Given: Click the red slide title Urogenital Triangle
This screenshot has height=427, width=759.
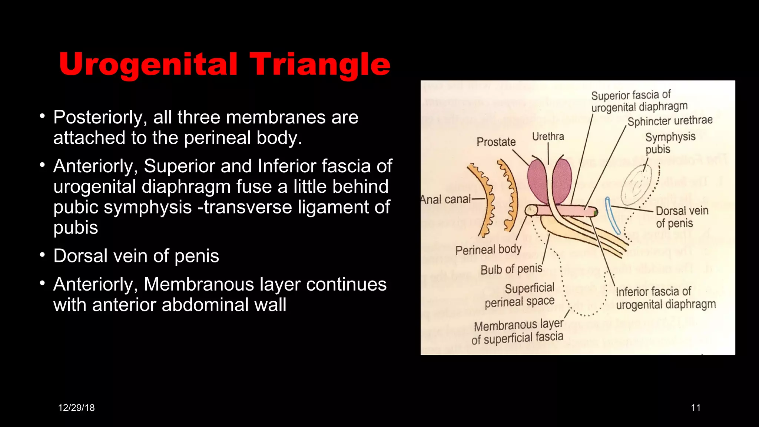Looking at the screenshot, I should click(x=225, y=64).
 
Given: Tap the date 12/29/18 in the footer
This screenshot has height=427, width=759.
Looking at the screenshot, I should click(x=76, y=408).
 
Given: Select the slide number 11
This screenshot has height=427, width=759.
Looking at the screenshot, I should click(x=696, y=408).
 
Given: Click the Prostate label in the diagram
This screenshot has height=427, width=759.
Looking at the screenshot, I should click(x=496, y=142).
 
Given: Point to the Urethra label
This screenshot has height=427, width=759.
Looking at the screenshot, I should click(x=548, y=136).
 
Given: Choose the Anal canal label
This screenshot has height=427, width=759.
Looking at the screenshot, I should click(x=445, y=199).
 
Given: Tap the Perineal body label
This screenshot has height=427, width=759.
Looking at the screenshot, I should click(x=488, y=250).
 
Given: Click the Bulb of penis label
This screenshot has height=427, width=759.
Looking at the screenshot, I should click(x=511, y=269).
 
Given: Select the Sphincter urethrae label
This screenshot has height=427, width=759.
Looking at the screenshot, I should click(x=670, y=121).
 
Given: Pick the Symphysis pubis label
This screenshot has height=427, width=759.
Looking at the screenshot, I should click(x=670, y=143).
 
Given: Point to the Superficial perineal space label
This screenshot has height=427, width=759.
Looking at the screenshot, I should click(x=520, y=295).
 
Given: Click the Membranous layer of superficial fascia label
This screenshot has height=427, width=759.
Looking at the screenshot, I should click(x=518, y=332).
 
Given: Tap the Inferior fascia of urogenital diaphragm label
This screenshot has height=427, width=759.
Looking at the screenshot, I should click(x=666, y=298).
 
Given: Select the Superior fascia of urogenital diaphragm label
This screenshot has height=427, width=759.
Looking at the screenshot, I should click(x=639, y=101).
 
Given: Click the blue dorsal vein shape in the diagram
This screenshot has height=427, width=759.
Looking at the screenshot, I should click(x=612, y=215).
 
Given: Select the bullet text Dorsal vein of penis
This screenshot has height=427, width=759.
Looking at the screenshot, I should click(x=136, y=256).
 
